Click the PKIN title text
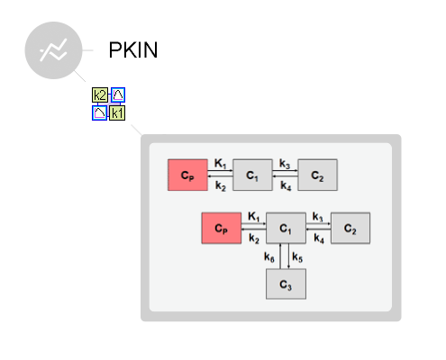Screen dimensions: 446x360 click(133, 49)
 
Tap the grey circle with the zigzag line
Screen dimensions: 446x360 click(53, 50)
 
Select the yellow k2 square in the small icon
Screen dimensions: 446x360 click(100, 95)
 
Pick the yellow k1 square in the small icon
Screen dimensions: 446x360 click(117, 113)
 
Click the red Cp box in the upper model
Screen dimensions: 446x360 click(187, 175)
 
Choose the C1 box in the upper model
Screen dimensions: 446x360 click(252, 175)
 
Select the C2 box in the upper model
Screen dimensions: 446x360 click(317, 175)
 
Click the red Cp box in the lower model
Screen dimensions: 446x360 click(222, 228)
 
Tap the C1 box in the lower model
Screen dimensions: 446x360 click(286, 228)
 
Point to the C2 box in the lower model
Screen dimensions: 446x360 click(350, 228)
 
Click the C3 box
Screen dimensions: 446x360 click(286, 283)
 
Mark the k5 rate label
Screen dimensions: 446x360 click(297, 257)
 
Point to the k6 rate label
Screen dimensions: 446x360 click(269, 257)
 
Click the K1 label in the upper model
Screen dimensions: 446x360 click(220, 164)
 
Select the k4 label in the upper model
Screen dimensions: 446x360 click(286, 186)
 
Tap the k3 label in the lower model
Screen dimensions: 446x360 click(318, 217)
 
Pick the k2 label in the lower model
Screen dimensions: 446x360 click(254, 238)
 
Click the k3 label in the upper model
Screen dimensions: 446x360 click(285, 164)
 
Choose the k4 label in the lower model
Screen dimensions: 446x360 click(319, 238)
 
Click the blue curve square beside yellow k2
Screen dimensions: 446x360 click(118, 94)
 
